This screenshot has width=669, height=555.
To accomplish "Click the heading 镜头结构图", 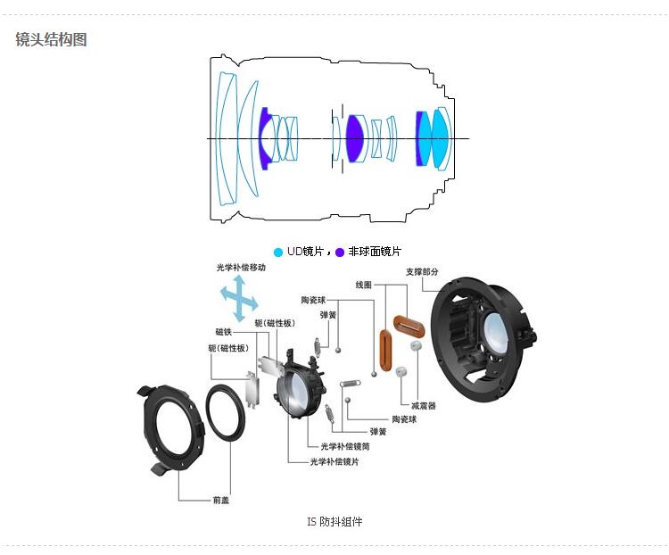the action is pyautogui.click(x=51, y=39).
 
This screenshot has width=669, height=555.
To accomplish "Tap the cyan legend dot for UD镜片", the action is pyautogui.click(x=278, y=253).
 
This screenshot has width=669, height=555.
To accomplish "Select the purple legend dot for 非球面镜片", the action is pyautogui.click(x=340, y=253).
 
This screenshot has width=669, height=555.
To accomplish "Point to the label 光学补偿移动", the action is pyautogui.click(x=241, y=268).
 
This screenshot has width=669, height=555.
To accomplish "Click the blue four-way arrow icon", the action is pyautogui.click(x=239, y=298).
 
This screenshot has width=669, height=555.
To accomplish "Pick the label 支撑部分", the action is pyautogui.click(x=422, y=271).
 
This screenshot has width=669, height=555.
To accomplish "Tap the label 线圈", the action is pyautogui.click(x=364, y=285).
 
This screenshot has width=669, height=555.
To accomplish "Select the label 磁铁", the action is pyautogui.click(x=224, y=332).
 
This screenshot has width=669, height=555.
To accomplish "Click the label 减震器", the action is pyautogui.click(x=423, y=405).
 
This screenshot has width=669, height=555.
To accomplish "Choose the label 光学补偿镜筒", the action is pyautogui.click(x=345, y=446).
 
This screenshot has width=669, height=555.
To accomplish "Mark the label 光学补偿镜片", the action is pyautogui.click(x=334, y=461).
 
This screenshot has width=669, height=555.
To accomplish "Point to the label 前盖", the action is pyautogui.click(x=221, y=500).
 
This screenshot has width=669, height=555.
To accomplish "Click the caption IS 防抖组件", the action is pyautogui.click(x=334, y=521).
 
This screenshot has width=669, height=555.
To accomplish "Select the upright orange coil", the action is pyautogui.click(x=385, y=350).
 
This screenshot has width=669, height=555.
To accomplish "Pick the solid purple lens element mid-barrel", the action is pyautogui.click(x=354, y=138).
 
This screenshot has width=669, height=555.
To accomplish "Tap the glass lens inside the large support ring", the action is pyautogui.click(x=495, y=334).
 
